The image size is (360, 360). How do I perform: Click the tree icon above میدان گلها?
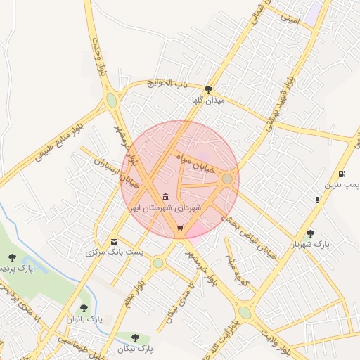click(208, 89)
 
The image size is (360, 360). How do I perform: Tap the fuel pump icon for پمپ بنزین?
click(341, 174)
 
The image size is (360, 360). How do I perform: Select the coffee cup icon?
click(318, 200)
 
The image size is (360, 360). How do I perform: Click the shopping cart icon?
click(181, 228)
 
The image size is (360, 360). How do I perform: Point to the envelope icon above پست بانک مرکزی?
click(115, 242)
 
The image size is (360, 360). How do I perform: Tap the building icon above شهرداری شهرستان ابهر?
click(165, 198)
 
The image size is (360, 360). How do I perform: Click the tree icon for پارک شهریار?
click(310, 233)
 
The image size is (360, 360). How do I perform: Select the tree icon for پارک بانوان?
click(84, 307)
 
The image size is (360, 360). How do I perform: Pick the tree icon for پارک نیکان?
click(135, 337)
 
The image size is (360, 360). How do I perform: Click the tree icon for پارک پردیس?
click(12, 257)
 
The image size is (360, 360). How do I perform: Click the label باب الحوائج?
click(168, 84)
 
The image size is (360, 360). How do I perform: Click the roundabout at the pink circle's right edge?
click(227, 180)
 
